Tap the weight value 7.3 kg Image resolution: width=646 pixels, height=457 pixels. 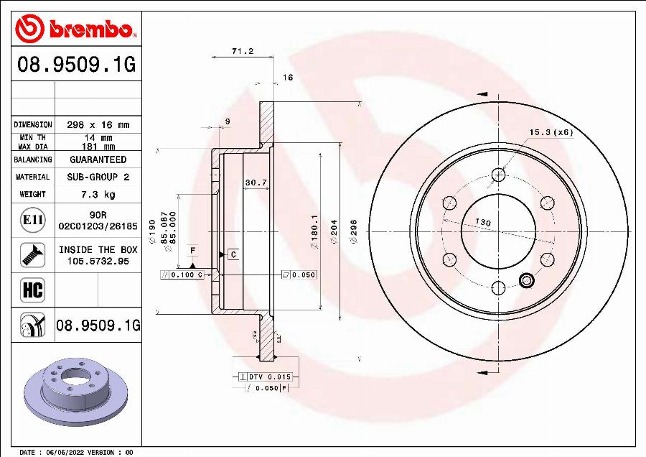click(98, 194)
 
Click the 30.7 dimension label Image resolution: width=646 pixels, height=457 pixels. click(256, 183)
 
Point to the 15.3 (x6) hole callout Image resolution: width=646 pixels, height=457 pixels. click(551, 132)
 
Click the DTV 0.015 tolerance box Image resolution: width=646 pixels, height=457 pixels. click(269, 377)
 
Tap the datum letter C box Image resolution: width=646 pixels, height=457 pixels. click(233, 254)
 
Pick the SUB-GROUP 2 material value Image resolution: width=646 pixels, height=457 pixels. click(98, 177)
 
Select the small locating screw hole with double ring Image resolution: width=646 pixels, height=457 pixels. click(527, 280)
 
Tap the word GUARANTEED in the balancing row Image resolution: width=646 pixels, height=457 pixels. click(98, 160)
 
